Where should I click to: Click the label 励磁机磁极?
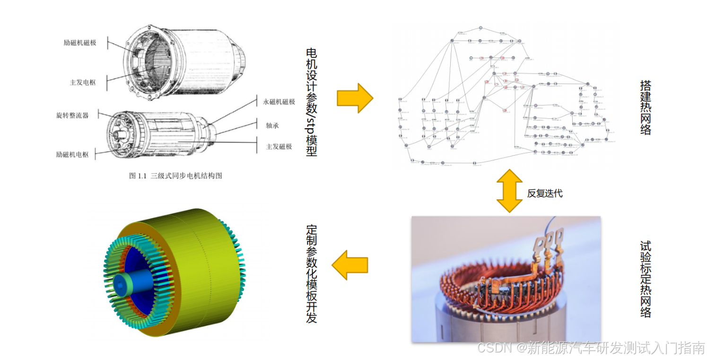click(79, 43)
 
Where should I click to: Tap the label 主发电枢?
click(83, 82)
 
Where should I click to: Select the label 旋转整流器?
click(72, 115)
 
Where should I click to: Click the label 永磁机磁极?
click(279, 102)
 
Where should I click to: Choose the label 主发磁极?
click(279, 147)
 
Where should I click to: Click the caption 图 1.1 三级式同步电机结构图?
click(175, 176)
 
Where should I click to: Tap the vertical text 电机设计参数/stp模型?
click(311, 102)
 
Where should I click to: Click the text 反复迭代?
click(545, 193)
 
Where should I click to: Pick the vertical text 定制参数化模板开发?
click(311, 273)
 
